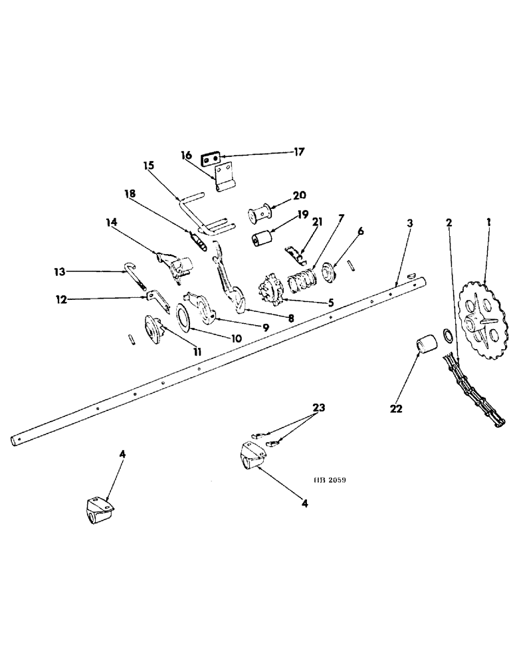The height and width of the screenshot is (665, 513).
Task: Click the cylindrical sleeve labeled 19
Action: (x=263, y=238)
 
